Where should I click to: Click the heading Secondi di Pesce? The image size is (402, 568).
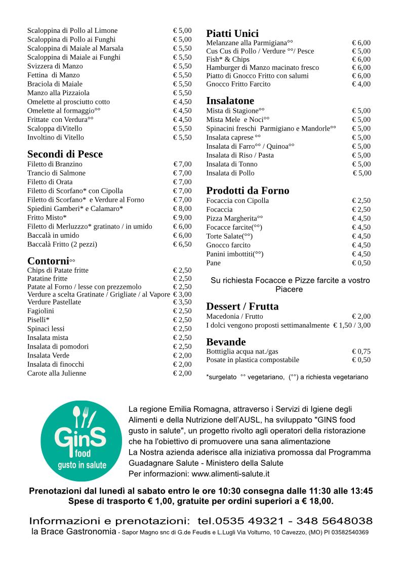coord(65,154)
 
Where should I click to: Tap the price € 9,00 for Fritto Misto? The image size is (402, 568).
coord(182,217)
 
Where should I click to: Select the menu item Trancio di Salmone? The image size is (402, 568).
coord(56,173)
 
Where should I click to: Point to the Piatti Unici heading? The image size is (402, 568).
coord(232,33)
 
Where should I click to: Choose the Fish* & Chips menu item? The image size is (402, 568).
coord(228,59)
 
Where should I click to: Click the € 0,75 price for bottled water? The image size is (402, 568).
coord(361,352)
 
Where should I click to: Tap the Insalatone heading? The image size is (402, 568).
coord(230,101)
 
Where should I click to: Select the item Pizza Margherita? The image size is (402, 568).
coord(234,219)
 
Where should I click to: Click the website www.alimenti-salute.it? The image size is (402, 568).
coord(230,474)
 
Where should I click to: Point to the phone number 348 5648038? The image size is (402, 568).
coord(334,521)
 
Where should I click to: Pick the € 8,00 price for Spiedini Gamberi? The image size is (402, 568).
coord(182,208)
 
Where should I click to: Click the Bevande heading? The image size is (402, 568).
coord(226,342)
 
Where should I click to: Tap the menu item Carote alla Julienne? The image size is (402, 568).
coord(57,373)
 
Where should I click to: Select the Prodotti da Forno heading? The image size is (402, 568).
coord(248,191)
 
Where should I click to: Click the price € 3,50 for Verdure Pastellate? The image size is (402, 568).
coord(182,302)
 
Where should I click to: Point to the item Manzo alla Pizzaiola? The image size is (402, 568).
coord(58,93)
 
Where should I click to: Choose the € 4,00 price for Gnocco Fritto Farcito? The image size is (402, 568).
coord(361,84)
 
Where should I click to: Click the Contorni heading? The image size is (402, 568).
coord(48,261)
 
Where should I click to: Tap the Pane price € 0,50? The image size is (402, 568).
coord(361,263)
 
